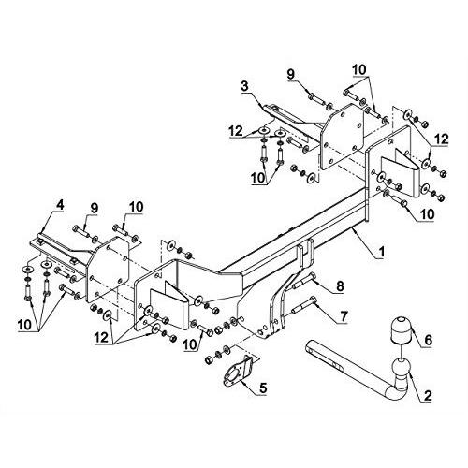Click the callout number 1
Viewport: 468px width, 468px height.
pos(380,252)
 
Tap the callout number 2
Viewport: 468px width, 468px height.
pos(427,396)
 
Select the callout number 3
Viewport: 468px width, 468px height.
pos(245,87)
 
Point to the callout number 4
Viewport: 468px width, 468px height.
pos(60,205)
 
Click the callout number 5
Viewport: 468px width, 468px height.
pos(263,388)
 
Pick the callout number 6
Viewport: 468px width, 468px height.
pos(428,340)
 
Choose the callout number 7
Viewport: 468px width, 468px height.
pos(343,316)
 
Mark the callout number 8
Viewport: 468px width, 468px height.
pos(340,286)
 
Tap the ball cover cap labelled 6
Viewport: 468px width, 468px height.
pos(401,330)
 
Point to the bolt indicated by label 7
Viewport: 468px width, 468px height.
pos(303,306)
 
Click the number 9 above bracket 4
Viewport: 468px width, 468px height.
pos(95,208)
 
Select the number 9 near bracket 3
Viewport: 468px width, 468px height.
pos(290,74)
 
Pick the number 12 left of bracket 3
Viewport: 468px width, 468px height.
pos(236,131)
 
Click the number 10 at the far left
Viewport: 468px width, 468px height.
pos(25,325)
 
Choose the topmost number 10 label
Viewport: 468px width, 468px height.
pos(359,70)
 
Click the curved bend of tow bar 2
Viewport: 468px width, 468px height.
pos(394,395)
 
